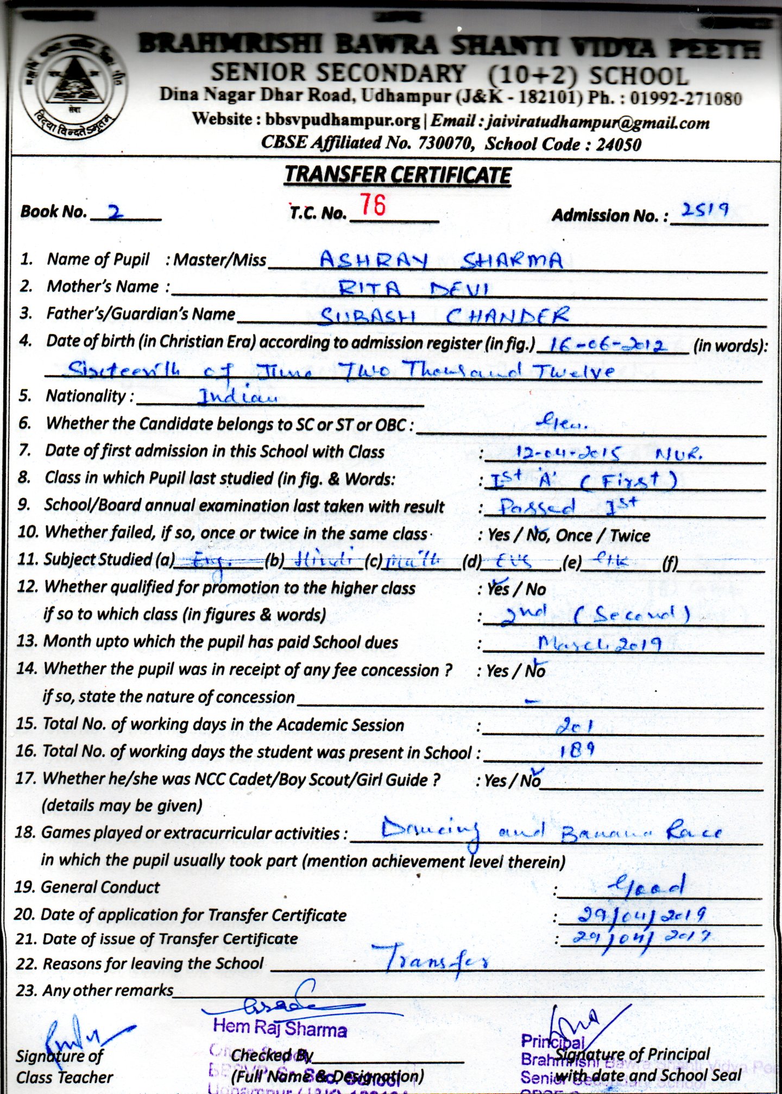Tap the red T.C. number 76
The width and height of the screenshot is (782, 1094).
[374, 206]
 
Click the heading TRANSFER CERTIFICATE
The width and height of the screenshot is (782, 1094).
[398, 175]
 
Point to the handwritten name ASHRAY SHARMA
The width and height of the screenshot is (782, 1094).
[440, 260]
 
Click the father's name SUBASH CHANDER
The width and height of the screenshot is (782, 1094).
[444, 316]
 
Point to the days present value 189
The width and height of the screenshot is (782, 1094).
[577, 752]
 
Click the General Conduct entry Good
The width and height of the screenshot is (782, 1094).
[646, 887]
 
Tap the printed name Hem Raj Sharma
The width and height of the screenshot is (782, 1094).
[280, 1028]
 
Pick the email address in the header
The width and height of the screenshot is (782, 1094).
[598, 123]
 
